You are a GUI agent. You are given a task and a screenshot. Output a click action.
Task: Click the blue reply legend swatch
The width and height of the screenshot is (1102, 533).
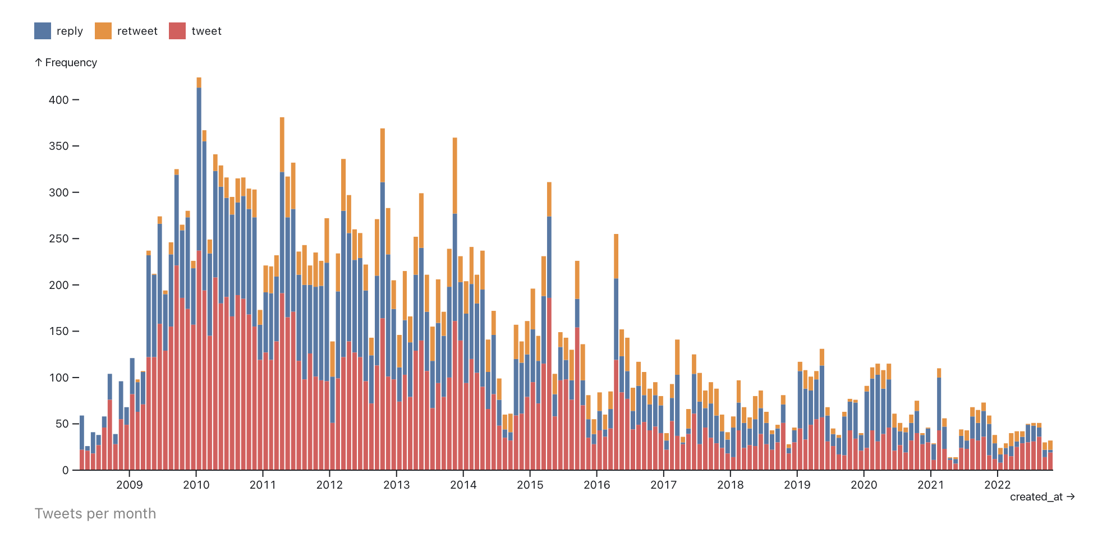coord(43,31)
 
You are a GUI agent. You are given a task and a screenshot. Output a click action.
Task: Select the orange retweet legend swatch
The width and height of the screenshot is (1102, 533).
coord(103,31)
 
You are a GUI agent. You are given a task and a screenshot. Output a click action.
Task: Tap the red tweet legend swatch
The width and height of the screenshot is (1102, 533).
coord(177,31)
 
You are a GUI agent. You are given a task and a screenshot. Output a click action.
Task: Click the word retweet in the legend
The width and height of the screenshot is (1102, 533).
coord(137,31)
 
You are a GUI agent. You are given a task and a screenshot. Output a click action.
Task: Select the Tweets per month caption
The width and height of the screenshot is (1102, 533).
coord(95,513)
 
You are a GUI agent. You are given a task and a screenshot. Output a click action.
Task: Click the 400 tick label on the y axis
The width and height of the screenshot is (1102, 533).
coord(59,100)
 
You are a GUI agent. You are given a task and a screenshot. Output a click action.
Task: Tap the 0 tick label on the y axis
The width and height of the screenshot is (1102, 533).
coord(66,470)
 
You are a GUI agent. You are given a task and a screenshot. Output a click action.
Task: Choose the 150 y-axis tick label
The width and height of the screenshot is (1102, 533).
coord(59,331)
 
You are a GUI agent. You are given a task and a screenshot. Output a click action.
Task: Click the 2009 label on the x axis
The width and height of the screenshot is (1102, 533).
coord(129,485)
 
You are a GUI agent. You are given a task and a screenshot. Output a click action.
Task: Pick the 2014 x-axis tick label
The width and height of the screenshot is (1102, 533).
coord(463,485)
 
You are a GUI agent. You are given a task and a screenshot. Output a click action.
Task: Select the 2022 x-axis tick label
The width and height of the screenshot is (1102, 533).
coord(997,485)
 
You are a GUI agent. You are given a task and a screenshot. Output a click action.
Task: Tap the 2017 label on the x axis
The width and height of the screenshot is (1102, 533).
coord(663,485)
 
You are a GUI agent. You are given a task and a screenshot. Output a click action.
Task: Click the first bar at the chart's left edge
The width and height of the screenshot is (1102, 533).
coord(82,443)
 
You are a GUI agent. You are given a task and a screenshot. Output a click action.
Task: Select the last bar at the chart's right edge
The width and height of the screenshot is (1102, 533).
coord(1050,456)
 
